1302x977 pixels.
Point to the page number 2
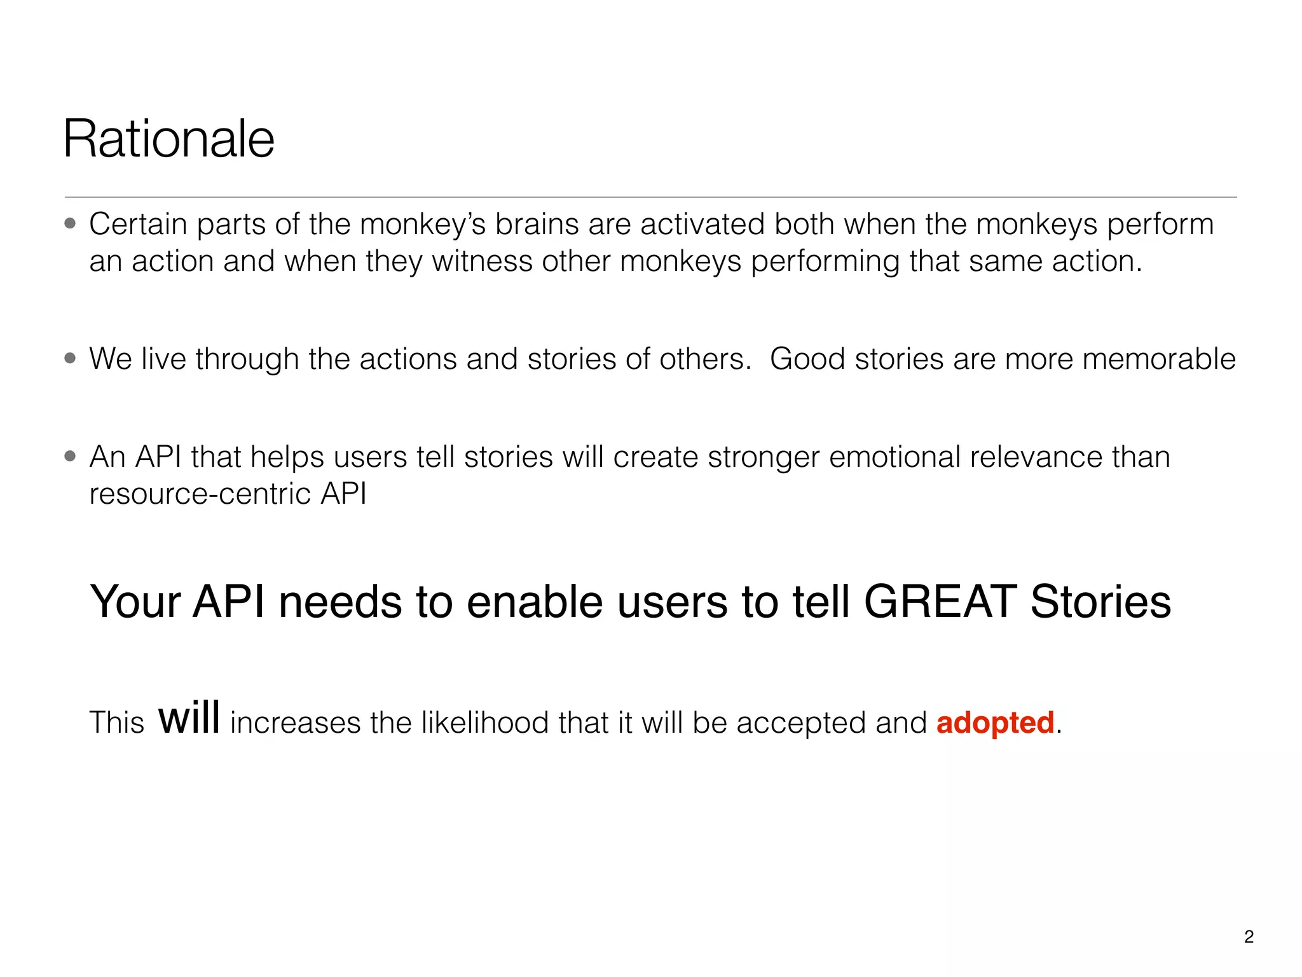coord(1249,936)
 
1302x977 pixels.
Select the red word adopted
coord(995,723)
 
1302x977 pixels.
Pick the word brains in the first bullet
coord(537,225)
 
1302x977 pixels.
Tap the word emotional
coord(894,457)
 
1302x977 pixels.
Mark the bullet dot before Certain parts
coord(71,223)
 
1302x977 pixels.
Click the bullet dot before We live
coord(71,358)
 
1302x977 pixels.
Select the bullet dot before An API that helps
coord(71,456)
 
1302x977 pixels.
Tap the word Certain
coord(138,225)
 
